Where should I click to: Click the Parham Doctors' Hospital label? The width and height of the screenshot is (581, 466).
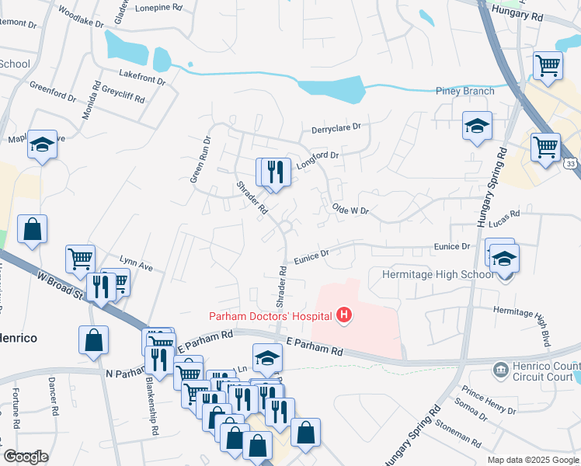click(269, 315)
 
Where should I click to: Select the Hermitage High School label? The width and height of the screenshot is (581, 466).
click(437, 274)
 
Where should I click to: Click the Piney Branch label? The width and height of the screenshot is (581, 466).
click(467, 91)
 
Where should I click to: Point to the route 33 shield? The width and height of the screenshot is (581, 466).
click(571, 164)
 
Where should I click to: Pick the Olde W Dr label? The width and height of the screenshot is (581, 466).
click(350, 209)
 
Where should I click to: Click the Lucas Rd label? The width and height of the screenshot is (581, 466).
click(504, 213)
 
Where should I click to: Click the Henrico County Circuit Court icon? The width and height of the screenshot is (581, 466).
click(499, 368)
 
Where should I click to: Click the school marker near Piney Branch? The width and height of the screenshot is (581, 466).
click(477, 126)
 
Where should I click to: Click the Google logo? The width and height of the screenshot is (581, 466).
click(26, 457)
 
